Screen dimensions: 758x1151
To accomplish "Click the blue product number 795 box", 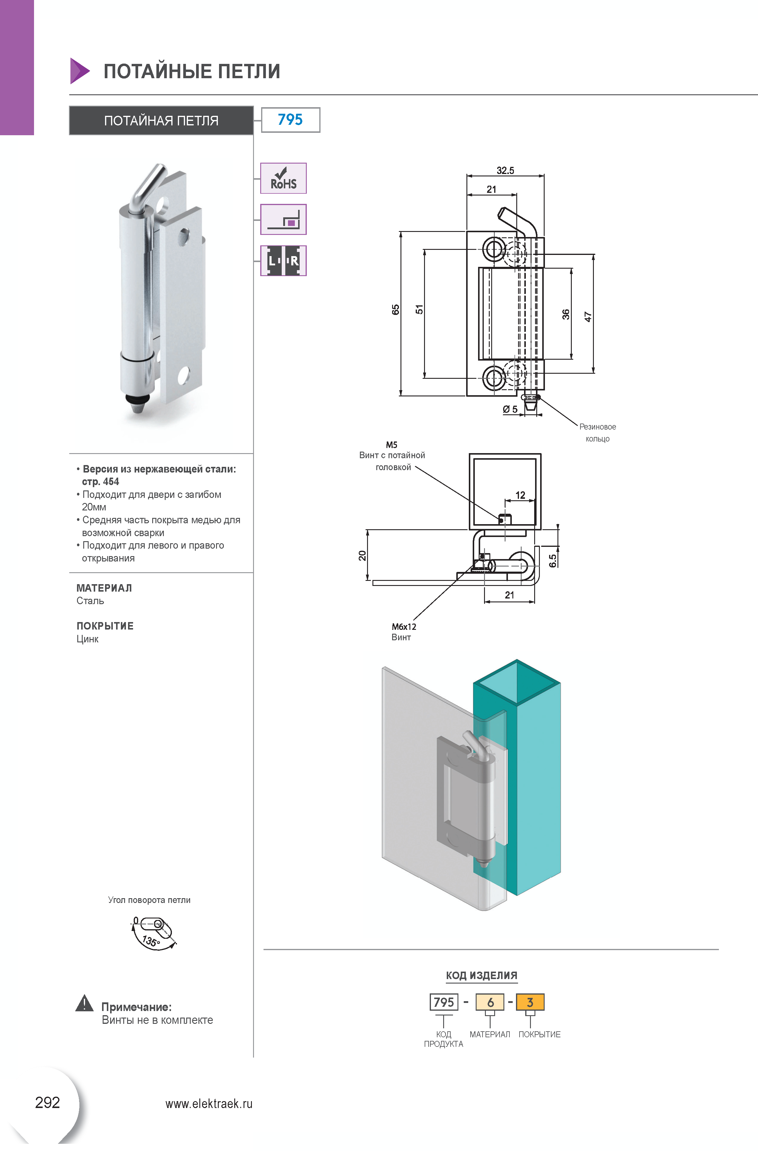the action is click(291, 119).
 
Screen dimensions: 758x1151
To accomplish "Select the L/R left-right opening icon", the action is click(283, 261).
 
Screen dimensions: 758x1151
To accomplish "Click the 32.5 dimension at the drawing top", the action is click(505, 170).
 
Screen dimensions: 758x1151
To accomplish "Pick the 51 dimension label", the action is click(419, 310).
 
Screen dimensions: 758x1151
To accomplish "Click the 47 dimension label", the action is click(588, 317).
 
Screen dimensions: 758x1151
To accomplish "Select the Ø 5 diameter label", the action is click(510, 409).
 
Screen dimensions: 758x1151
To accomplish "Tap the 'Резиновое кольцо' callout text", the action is click(597, 432).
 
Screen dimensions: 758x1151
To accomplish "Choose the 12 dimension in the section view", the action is click(520, 495).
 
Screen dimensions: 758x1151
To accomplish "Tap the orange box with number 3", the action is click(530, 1002).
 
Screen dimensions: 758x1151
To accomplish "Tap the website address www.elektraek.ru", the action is click(209, 1104).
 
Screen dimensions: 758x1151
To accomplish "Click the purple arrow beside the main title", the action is click(80, 71).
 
